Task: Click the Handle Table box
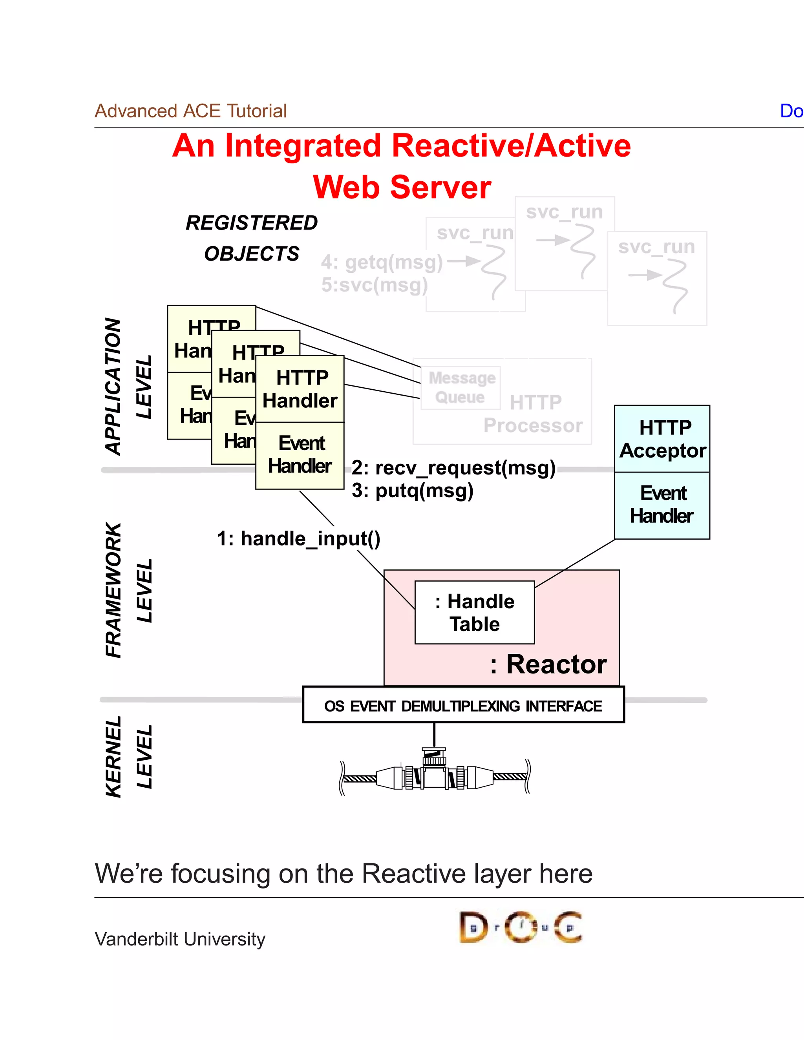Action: point(474,612)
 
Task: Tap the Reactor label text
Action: point(549,664)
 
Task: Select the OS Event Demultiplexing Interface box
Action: point(463,706)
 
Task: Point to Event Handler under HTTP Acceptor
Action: point(662,505)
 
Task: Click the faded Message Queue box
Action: point(460,388)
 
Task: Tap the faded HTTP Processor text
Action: point(534,414)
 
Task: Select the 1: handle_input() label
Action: point(299,538)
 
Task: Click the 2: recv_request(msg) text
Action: point(453,468)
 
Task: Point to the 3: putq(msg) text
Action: point(413,491)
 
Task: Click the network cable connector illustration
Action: point(435,774)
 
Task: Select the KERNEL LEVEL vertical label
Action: point(129,757)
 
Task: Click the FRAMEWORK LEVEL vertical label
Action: point(129,591)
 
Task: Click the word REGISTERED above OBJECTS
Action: point(252,223)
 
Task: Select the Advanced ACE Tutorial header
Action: point(190,111)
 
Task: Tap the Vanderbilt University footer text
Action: point(180,939)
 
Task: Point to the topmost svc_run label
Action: point(564,212)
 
